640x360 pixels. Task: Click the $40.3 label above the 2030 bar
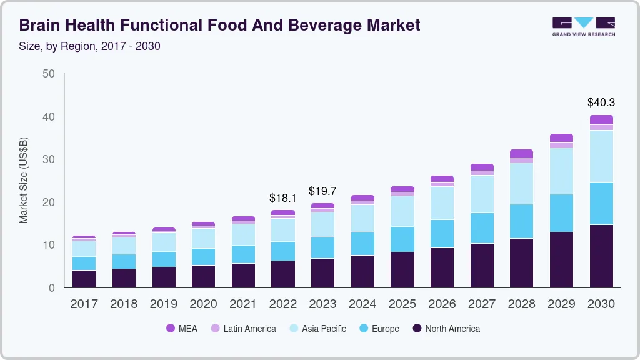(x=601, y=102)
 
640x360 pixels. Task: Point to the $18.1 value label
(x=282, y=197)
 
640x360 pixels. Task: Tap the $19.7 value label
(x=322, y=191)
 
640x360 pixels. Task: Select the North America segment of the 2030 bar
(x=601, y=256)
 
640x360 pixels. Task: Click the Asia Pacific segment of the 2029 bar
(x=561, y=171)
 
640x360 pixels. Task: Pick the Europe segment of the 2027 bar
(x=482, y=228)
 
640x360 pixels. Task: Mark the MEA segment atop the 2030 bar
(x=601, y=119)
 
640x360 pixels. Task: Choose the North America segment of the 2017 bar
(x=84, y=279)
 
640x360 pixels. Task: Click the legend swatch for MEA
(x=171, y=329)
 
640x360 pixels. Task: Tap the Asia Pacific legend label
(x=324, y=329)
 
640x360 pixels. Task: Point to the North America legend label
(x=452, y=329)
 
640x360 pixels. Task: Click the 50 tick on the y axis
(x=48, y=74)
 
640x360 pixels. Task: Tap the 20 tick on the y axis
(x=48, y=202)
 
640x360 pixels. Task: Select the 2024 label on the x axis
(x=362, y=304)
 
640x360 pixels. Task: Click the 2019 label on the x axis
(x=163, y=304)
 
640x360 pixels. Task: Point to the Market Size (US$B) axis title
(x=24, y=180)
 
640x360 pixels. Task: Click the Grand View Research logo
(x=583, y=27)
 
